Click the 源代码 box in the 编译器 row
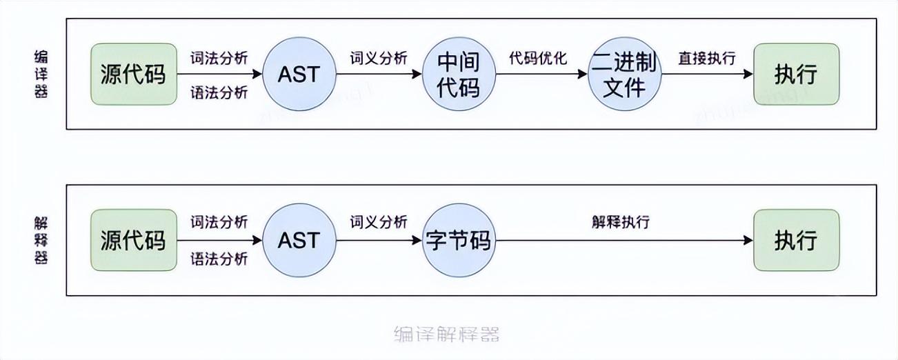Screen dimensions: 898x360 [133, 74]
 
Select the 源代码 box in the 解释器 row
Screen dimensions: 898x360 [133, 240]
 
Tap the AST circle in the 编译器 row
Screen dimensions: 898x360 [299, 74]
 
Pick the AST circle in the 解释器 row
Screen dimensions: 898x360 [299, 240]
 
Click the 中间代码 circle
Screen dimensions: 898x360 [459, 74]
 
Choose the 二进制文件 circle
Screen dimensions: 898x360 [624, 74]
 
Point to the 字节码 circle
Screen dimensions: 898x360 [459, 240]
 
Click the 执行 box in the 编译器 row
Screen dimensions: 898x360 [796, 74]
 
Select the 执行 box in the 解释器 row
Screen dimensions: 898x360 [796, 240]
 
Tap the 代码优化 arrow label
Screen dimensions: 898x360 [538, 57]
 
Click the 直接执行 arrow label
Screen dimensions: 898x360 [706, 57]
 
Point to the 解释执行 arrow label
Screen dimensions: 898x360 [620, 222]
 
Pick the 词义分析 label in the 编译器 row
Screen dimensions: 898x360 [379, 57]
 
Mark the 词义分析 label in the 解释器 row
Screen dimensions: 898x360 [379, 222]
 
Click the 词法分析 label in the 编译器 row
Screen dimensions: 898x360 [219, 57]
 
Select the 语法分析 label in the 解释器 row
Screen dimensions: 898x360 [219, 259]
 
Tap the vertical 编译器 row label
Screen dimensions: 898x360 [41, 74]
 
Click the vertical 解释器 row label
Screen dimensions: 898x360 [41, 240]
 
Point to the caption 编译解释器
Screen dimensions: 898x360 [446, 334]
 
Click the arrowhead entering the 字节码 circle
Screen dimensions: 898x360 [417, 240]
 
